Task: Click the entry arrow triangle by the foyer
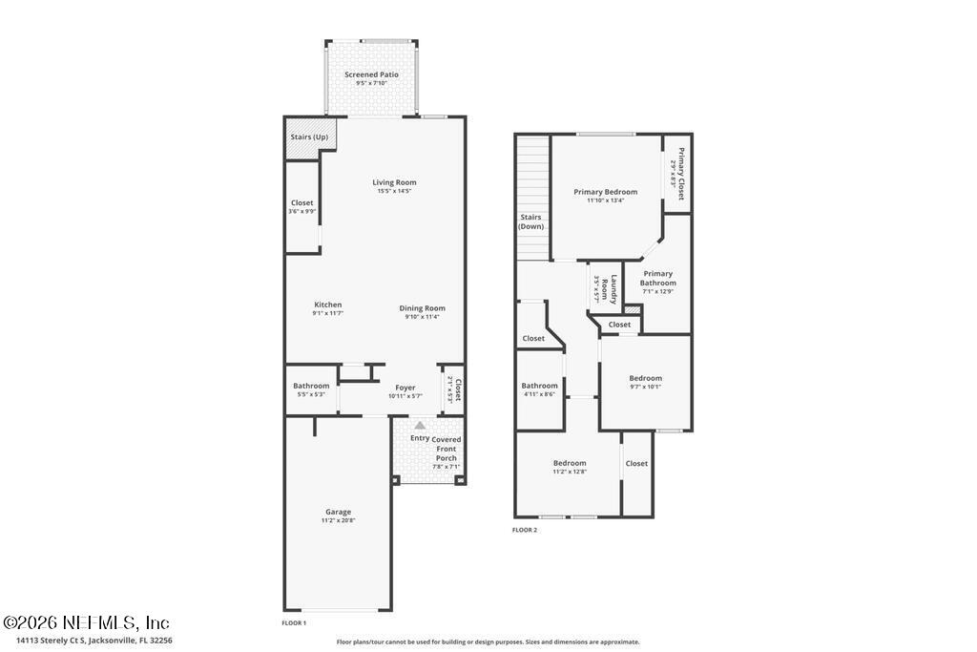tap(419, 425)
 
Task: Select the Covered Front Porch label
tap(446, 449)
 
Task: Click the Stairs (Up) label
tap(309, 137)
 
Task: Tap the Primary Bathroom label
tap(657, 278)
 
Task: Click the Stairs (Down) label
tap(530, 221)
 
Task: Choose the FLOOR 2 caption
tap(525, 530)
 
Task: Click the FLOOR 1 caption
tap(294, 622)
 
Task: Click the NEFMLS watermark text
tap(86, 622)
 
